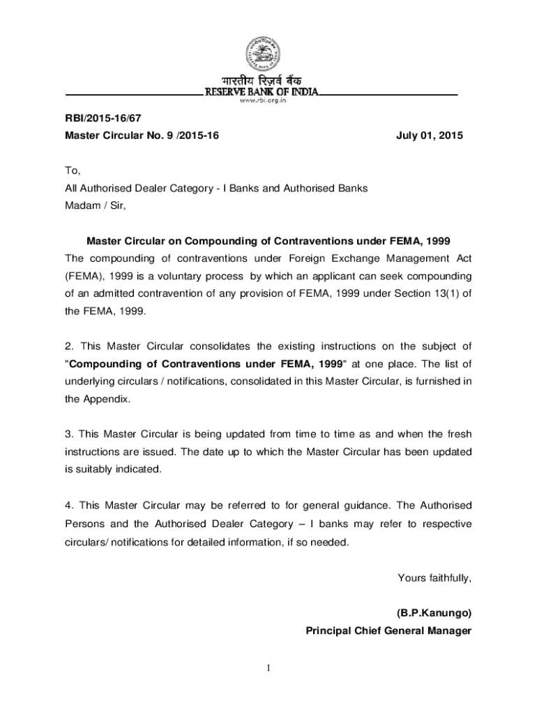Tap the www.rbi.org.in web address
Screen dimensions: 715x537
point(262,101)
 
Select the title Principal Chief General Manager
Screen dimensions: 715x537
point(388,631)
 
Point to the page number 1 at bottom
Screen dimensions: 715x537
point(268,669)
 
